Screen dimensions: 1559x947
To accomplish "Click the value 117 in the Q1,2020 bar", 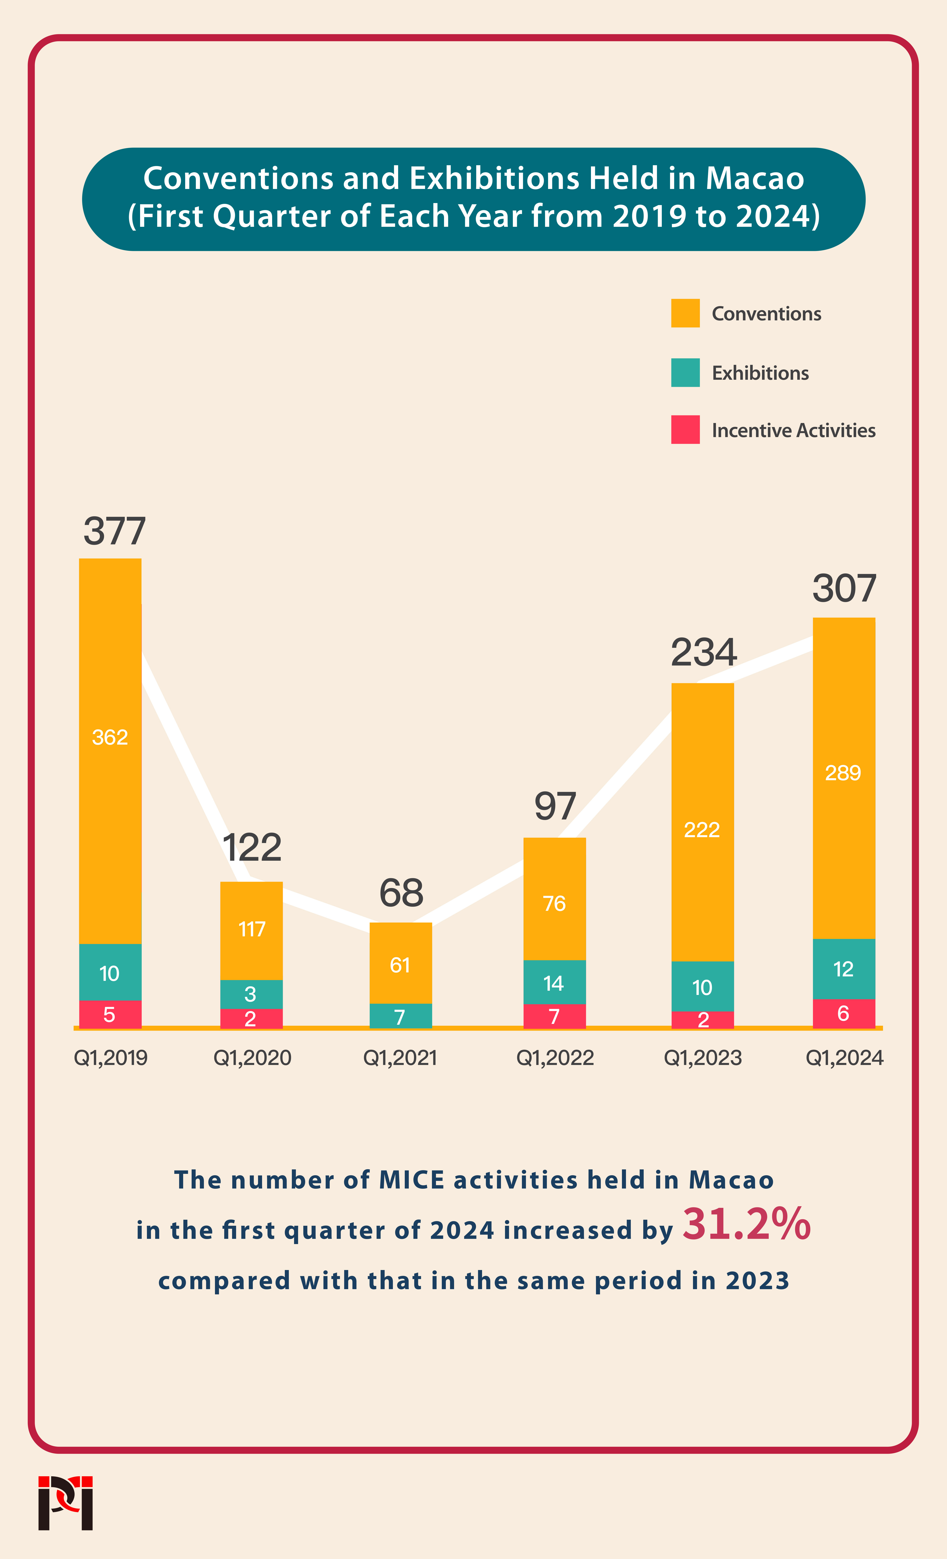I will click(251, 929).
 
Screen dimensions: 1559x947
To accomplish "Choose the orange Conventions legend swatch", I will click(685, 313).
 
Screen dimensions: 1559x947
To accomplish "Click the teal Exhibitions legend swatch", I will click(685, 373).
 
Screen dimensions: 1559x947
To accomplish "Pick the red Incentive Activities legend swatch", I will click(685, 430).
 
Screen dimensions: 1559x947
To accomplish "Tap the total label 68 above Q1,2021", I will click(401, 893).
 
